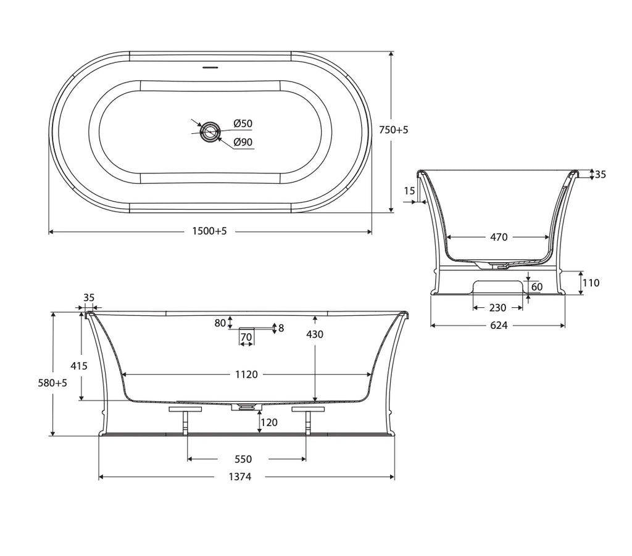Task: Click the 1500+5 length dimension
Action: point(210,231)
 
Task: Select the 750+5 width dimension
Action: point(394,130)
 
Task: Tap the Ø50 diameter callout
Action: point(243,123)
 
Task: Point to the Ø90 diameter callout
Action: point(243,142)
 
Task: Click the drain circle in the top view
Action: point(210,131)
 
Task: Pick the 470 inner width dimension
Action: point(499,238)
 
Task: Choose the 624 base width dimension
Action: point(499,325)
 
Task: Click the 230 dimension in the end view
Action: point(498,308)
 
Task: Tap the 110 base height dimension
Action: point(591,283)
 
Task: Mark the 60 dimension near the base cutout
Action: point(537,287)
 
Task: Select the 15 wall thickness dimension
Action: point(409,191)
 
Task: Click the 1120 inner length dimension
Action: point(246,375)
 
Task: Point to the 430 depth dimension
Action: point(315,334)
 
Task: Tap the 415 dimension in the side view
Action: point(79,366)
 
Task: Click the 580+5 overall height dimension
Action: point(52,383)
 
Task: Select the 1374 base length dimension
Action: point(240,477)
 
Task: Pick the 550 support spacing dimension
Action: point(243,459)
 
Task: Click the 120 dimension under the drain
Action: point(269,422)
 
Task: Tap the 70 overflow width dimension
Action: point(246,337)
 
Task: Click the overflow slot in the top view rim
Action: point(210,67)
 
